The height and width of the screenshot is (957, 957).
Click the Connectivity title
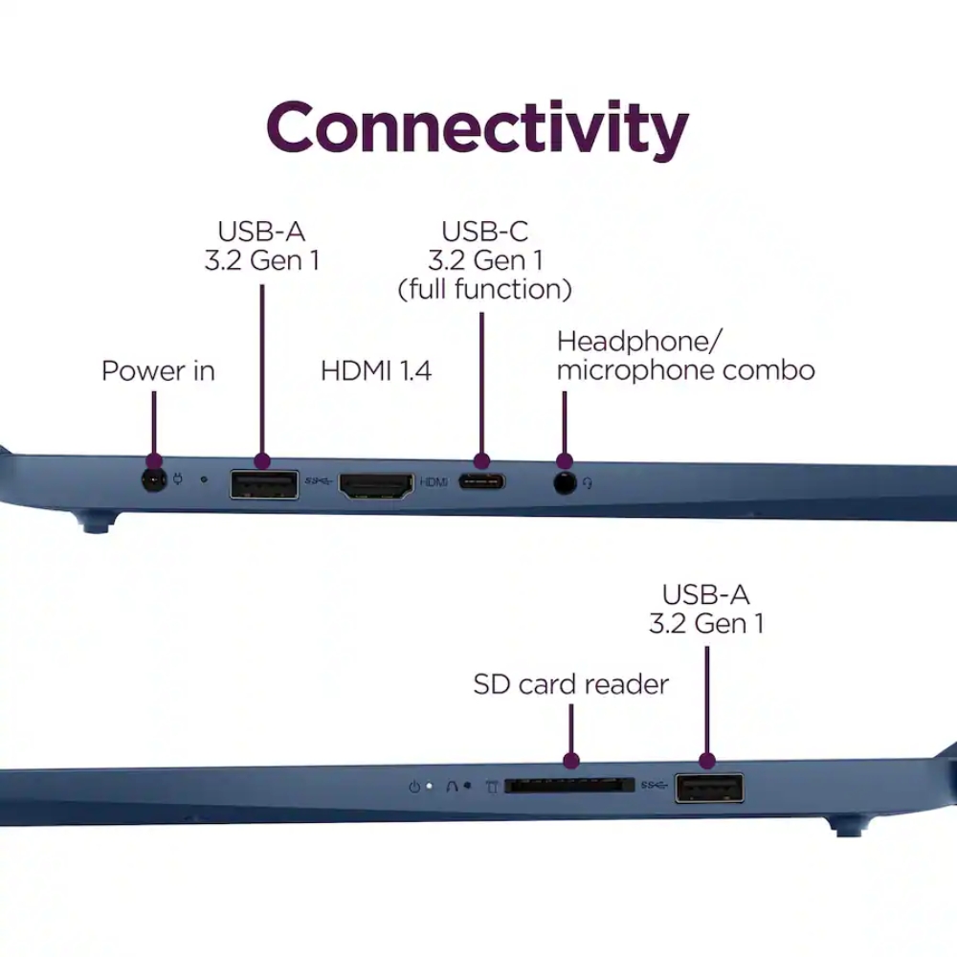(478, 129)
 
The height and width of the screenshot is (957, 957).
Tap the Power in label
(158, 371)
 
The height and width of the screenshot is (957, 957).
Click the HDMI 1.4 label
(376, 371)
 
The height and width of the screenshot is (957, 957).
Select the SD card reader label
(570, 684)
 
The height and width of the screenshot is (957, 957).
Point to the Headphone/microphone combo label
(685, 356)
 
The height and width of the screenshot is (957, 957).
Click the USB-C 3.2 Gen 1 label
(485, 260)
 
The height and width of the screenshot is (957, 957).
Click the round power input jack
(154, 481)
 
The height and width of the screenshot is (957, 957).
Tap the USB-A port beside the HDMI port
(264, 485)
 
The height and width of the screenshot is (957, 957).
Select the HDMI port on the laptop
(376, 486)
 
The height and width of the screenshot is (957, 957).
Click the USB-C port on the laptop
(481, 482)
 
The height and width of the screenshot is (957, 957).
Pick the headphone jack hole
(566, 483)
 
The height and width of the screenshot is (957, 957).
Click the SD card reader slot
(569, 786)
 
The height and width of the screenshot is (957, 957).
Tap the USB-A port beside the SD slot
(709, 788)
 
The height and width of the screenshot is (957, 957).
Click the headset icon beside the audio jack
(588, 483)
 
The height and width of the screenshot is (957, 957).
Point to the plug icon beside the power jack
(178, 478)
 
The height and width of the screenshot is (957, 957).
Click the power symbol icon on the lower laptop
(414, 787)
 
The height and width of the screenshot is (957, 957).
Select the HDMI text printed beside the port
(434, 482)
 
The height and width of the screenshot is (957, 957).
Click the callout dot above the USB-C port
(481, 461)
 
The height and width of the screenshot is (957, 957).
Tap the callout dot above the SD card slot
(571, 761)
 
